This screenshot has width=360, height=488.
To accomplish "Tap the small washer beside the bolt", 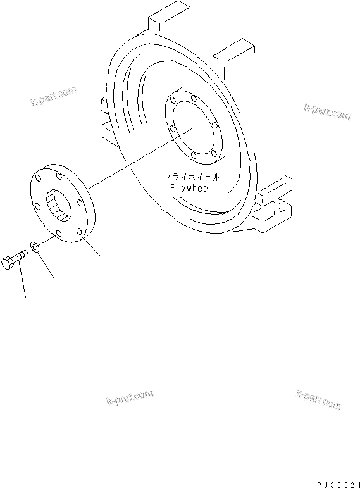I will pos(35,246).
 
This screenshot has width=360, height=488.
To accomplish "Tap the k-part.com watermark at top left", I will pos(53,96).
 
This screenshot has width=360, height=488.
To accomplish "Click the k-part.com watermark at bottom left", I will pos(127,397).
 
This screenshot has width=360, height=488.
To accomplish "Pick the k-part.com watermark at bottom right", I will pos(318,399).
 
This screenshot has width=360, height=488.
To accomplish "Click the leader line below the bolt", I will pos(23,282).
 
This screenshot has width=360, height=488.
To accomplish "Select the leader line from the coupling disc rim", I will pos(92,247).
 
